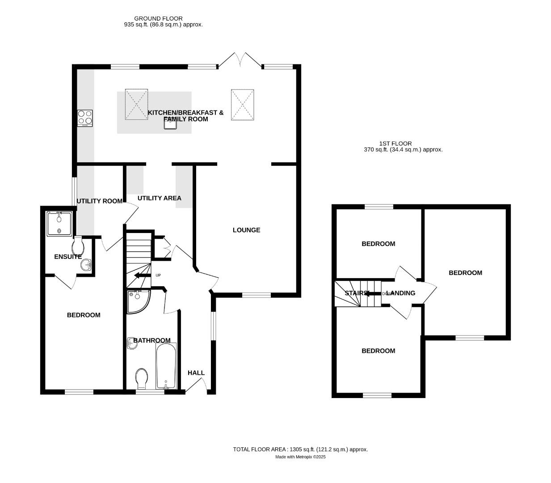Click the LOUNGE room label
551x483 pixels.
[246, 230]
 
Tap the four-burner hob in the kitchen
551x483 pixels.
[84, 118]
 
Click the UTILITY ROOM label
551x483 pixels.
[99, 201]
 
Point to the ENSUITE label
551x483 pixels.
[67, 257]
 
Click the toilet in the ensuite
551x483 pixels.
[78, 245]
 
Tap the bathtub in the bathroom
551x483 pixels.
[166, 366]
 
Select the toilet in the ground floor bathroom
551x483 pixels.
[142, 378]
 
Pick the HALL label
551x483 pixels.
[196, 373]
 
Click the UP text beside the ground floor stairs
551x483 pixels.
[158, 275]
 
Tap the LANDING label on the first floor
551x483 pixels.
[401, 293]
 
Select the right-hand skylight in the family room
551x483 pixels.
[242, 105]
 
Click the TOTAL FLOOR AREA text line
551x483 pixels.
[300, 449]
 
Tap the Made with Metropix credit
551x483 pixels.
[300, 457]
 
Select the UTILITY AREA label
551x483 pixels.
[159, 198]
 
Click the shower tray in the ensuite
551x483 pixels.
[59, 224]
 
